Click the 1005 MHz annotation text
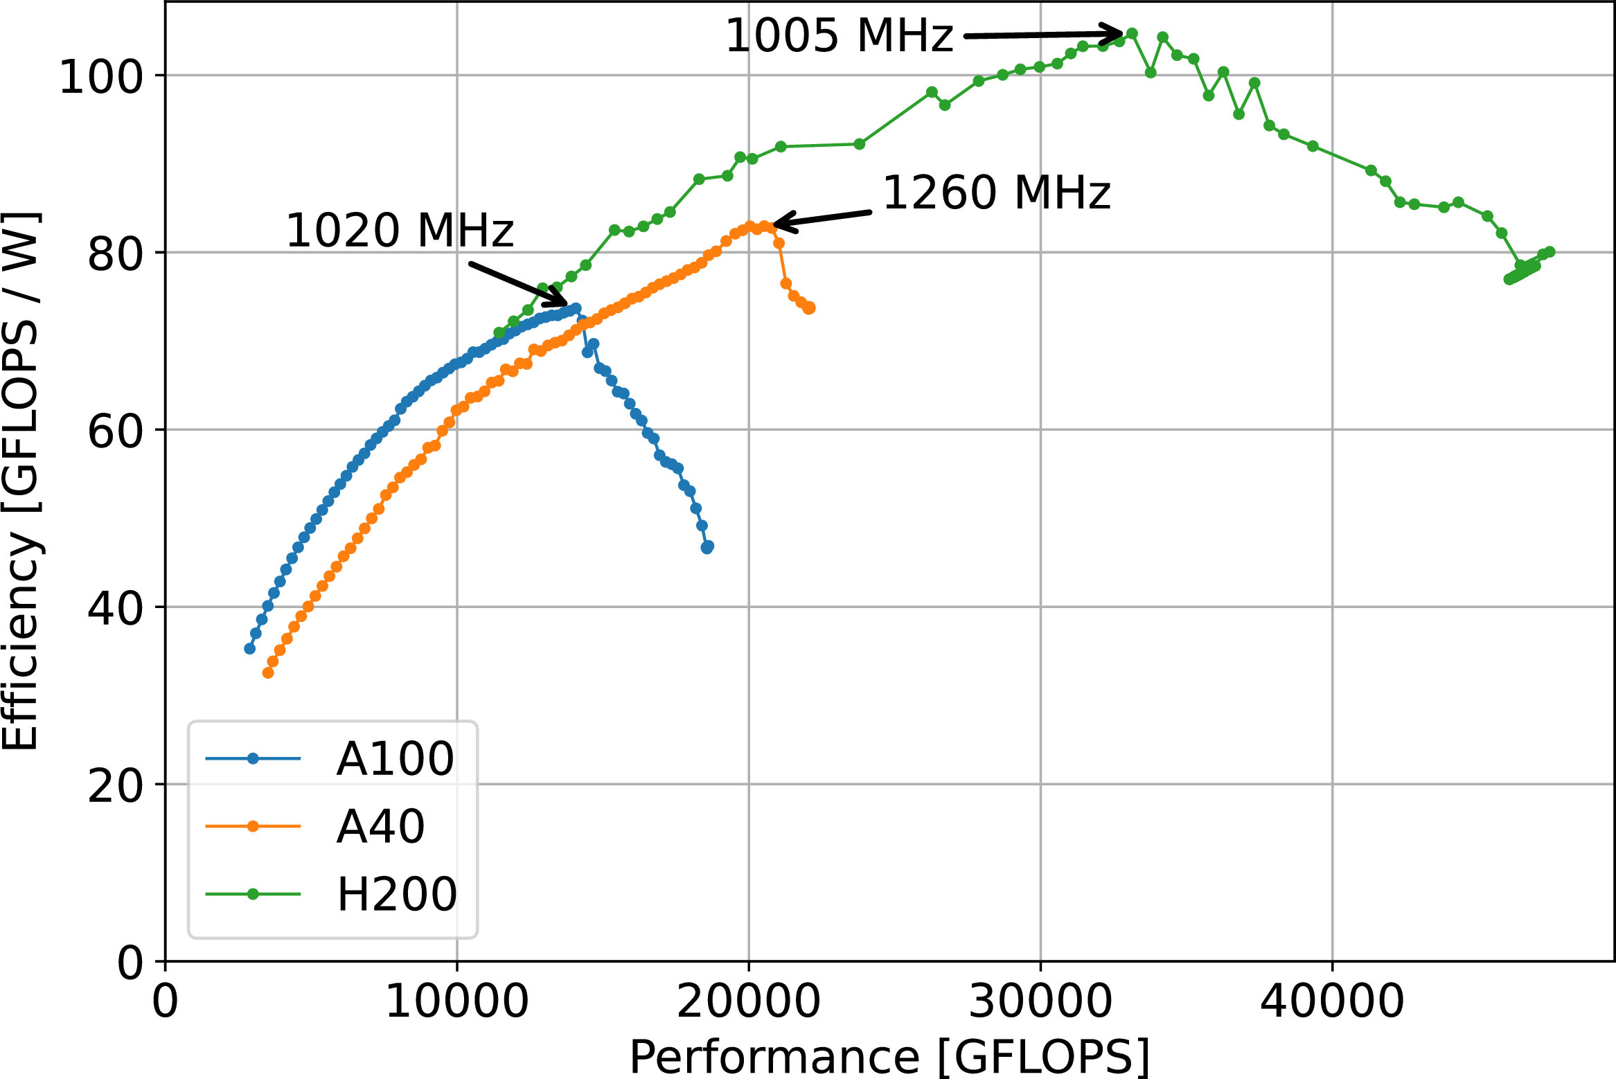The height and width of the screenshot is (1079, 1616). tap(839, 35)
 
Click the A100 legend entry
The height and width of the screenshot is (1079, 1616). tap(330, 758)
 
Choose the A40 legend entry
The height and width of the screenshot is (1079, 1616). tap(315, 826)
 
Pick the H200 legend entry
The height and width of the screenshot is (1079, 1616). tap(331, 894)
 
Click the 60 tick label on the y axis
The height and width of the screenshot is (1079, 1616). tap(115, 431)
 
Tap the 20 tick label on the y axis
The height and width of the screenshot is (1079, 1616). tap(115, 785)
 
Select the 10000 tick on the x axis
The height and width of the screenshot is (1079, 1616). tap(456, 1001)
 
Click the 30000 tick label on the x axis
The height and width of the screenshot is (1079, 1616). tap(1040, 1001)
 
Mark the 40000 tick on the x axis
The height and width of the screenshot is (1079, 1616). tap(1332, 1001)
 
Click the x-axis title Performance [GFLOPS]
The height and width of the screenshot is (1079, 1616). tap(889, 1057)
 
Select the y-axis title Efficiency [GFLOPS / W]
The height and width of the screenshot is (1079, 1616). tap(21, 481)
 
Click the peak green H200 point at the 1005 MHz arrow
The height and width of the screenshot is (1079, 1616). tap(1132, 33)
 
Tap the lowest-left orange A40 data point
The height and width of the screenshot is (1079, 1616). tap(268, 672)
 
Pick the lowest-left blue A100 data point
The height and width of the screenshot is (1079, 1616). tap(250, 648)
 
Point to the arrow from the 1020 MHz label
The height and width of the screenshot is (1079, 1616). tap(519, 284)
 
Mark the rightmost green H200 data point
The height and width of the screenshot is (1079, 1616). tap(1550, 251)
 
